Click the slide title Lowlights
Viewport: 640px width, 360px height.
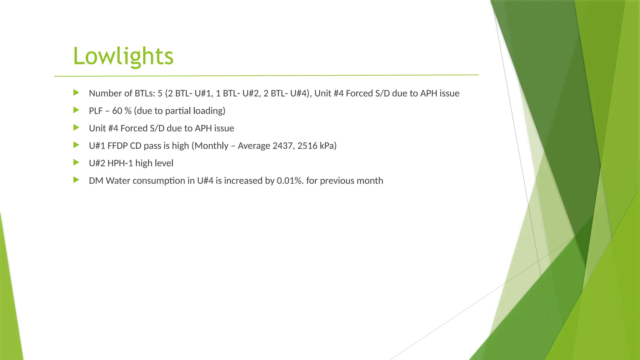click(123, 56)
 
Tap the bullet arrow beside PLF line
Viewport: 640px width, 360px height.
click(76, 110)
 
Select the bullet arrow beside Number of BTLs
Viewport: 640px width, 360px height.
click(76, 92)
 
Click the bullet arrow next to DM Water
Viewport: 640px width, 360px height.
click(76, 180)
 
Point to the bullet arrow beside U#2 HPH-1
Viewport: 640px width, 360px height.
click(76, 162)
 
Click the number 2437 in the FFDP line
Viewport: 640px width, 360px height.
click(283, 146)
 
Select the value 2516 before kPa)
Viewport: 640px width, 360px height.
click(307, 146)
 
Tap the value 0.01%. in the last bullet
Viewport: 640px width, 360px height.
click(290, 181)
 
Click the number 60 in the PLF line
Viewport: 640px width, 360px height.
click(117, 111)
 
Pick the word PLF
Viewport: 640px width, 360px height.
click(96, 111)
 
